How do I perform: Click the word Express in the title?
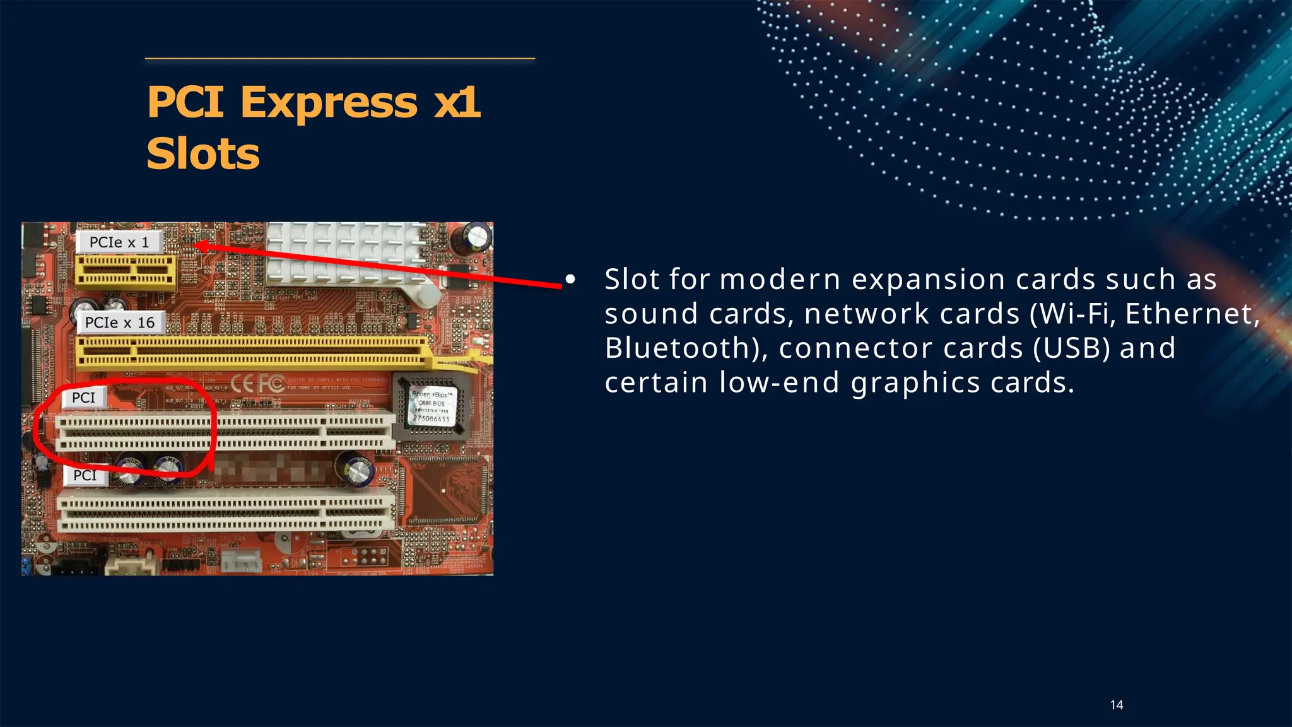tap(329, 102)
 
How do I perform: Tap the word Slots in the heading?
tap(203, 154)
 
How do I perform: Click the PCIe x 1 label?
tap(119, 242)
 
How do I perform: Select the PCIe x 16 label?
tap(120, 322)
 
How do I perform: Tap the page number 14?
tap(1116, 705)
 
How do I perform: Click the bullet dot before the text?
tap(570, 279)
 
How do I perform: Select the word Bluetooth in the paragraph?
tap(682, 348)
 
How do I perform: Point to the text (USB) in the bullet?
tap(1071, 348)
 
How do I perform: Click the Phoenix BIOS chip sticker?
tap(432, 406)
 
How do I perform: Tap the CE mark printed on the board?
tap(242, 383)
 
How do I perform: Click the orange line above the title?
tap(340, 59)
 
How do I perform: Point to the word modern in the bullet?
tap(780, 280)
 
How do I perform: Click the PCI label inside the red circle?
tap(83, 398)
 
